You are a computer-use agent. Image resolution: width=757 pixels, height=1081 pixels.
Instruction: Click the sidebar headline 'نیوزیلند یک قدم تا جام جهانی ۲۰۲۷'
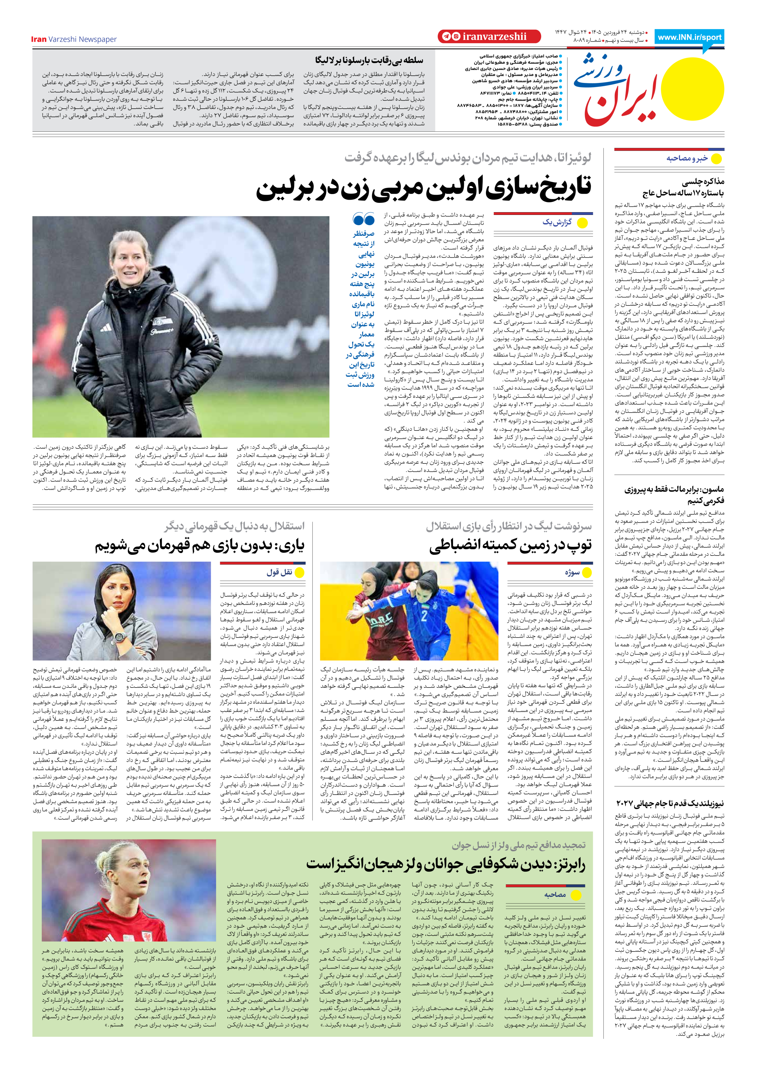(x=670, y=803)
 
